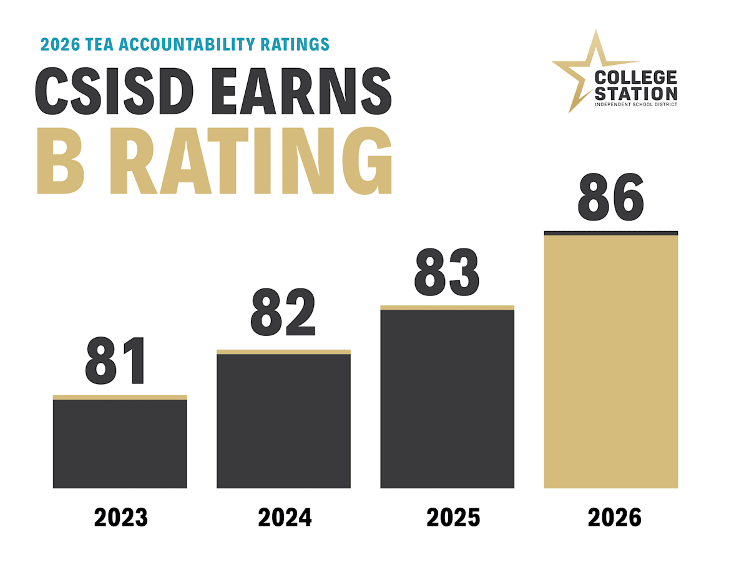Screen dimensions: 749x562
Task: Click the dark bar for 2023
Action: click(120, 443)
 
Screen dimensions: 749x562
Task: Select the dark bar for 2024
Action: click(283, 421)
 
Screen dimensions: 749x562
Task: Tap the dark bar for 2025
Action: click(447, 399)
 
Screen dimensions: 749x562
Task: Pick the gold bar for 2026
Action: click(611, 362)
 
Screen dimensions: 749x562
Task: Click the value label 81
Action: click(115, 361)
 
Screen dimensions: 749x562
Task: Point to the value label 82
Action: click(283, 312)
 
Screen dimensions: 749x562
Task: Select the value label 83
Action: click(447, 272)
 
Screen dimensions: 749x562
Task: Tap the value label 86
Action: click(611, 197)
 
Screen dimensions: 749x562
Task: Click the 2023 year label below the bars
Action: click(121, 518)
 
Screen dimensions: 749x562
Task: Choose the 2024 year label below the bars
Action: click(285, 518)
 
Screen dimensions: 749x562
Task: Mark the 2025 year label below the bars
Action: click(453, 518)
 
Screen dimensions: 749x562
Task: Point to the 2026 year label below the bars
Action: click(615, 518)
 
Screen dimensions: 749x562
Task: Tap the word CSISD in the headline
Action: click(114, 91)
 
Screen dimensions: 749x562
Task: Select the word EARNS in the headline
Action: click(301, 91)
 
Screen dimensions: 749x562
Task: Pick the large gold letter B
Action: click(61, 160)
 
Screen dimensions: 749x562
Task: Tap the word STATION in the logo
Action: click(636, 94)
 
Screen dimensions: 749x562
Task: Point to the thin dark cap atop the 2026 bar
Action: click(611, 234)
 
